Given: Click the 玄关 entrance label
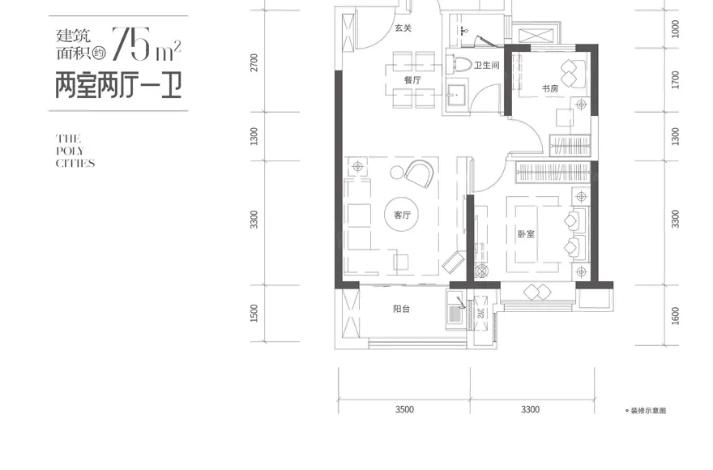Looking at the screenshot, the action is coord(403,28).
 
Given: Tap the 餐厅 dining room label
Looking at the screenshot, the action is coord(413,80).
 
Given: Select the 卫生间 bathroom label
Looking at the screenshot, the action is coord(487,66).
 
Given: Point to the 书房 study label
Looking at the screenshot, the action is coord(550,88).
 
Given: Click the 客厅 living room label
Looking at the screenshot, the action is coord(403,216).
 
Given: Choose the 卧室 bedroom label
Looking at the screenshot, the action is coord(526,234).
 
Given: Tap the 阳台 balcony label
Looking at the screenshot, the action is coord(402,309).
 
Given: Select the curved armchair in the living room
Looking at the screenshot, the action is coord(419,173).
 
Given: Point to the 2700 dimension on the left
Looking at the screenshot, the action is coord(254,62).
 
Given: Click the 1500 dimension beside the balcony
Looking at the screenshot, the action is coord(254,313).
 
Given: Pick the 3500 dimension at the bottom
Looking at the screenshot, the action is coord(404,409).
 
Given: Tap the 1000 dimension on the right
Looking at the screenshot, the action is coord(675,29).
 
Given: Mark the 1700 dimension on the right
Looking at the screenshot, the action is coord(675,80).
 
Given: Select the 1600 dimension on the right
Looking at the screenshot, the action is coord(675,316).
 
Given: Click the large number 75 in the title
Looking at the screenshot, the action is coord(131,44).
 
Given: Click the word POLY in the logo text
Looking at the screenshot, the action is coord(70,151).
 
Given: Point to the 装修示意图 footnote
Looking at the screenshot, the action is coord(648,410).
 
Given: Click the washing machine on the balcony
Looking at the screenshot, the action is coord(455,314).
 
